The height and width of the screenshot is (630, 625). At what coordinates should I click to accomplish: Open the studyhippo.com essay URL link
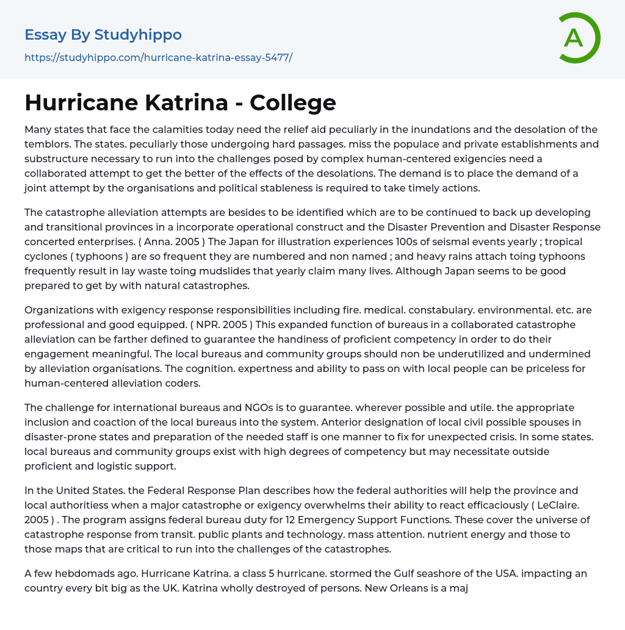click(x=158, y=58)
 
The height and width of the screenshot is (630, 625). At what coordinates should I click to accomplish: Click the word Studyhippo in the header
click(x=138, y=35)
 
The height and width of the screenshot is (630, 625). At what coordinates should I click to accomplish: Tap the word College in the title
click(x=293, y=102)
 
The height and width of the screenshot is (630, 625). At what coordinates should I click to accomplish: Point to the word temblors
click(x=49, y=144)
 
